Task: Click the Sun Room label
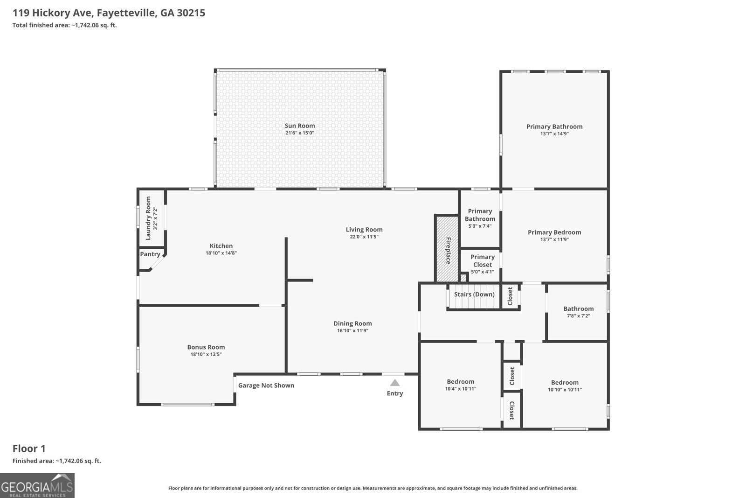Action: (299, 126)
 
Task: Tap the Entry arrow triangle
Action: (394, 383)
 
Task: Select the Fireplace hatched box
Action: (447, 249)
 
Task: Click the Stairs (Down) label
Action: (474, 295)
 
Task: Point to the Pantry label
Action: (150, 254)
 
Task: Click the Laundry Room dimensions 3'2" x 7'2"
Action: (155, 218)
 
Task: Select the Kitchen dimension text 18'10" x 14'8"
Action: (221, 253)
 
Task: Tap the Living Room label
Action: (364, 229)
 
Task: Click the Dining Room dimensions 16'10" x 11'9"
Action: (352, 330)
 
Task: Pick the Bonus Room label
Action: (206, 347)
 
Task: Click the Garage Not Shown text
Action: (266, 386)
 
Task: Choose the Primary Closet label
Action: (482, 260)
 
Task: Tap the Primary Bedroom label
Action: (554, 232)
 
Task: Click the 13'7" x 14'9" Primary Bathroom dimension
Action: (554, 133)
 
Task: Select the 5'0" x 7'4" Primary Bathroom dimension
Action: (480, 226)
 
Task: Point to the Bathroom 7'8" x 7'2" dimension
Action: (579, 316)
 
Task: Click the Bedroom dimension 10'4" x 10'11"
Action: (461, 389)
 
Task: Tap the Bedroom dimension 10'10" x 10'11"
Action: (565, 390)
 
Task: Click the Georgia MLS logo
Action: (37, 485)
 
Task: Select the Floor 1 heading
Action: (29, 449)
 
